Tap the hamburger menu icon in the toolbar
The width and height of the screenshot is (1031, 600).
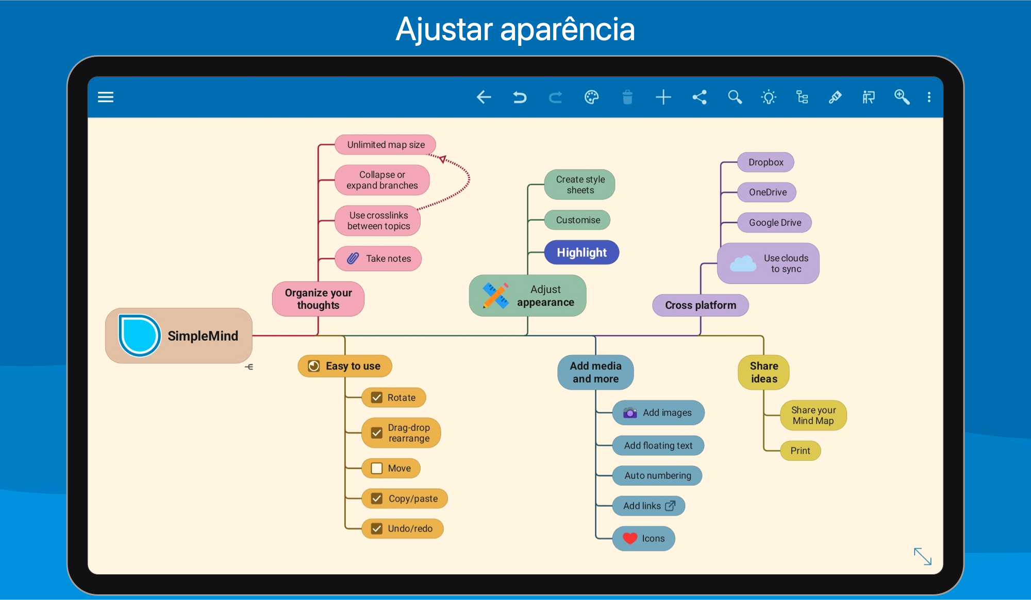point(106,97)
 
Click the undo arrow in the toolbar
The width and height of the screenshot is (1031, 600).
point(520,97)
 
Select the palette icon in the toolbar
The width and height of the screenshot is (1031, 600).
point(591,97)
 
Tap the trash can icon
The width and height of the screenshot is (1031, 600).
point(627,97)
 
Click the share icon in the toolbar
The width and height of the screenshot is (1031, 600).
point(700,97)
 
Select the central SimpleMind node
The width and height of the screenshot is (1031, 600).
point(179,336)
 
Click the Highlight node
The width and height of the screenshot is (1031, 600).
point(581,253)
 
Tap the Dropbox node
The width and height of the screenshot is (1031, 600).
point(766,162)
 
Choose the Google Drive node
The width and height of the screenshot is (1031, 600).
point(775,223)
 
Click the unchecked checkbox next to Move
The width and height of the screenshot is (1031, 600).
point(377,468)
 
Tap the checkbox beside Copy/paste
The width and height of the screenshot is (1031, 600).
point(377,498)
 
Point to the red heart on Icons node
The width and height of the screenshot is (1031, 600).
point(630,538)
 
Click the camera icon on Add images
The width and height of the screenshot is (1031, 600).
point(630,413)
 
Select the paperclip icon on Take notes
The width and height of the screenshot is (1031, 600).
point(353,258)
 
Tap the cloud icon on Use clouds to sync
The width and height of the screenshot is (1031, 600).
point(743,263)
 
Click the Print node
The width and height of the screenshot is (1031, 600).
point(800,451)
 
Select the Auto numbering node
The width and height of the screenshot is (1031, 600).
point(658,476)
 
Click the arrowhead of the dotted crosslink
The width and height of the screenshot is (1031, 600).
point(442,159)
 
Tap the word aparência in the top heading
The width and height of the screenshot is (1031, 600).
point(568,29)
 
